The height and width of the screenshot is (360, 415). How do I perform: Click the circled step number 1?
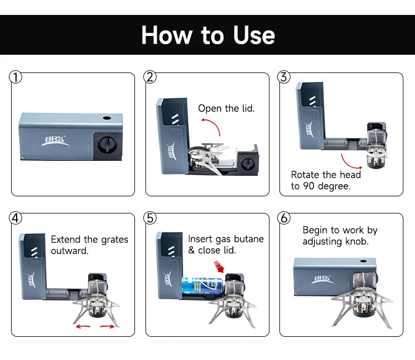point(15,77)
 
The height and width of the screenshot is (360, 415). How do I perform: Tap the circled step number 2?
point(150,77)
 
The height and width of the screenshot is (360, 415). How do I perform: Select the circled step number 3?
point(284,77)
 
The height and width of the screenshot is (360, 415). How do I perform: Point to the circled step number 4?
point(15,218)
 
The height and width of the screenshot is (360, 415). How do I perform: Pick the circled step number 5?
point(150,218)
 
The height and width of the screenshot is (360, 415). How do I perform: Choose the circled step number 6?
point(284,218)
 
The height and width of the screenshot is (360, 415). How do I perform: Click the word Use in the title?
point(254,35)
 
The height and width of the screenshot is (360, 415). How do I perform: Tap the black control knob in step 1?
point(107,145)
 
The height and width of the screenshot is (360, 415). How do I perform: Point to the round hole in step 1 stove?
point(107,118)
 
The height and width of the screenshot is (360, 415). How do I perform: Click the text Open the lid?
point(226,108)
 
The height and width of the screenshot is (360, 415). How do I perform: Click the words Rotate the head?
point(326,175)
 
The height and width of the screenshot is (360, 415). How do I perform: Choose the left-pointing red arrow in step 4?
point(83,327)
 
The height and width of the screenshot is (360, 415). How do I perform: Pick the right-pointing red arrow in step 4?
point(107,326)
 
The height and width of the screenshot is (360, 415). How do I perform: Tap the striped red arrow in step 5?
point(219,267)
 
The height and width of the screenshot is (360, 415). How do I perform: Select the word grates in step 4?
point(115,240)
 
